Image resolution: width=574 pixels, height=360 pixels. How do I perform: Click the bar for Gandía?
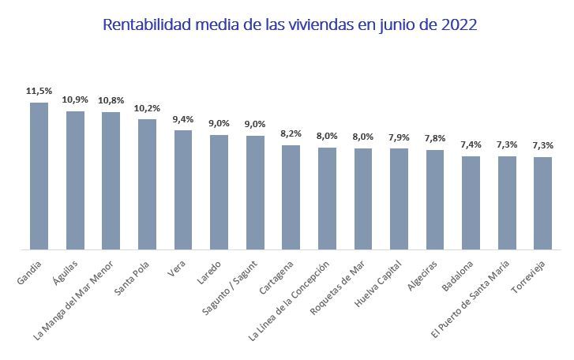(x=39, y=176)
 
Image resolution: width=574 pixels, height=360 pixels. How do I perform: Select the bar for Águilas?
(x=75, y=180)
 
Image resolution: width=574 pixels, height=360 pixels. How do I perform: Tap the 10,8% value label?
(x=111, y=102)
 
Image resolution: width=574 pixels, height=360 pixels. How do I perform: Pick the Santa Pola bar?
(x=147, y=184)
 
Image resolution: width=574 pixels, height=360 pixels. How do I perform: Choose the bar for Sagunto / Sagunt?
(x=255, y=193)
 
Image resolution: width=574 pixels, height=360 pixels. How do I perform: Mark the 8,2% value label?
(x=291, y=134)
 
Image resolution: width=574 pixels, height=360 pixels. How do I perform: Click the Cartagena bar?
(x=291, y=197)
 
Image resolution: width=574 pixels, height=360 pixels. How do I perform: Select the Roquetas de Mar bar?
(x=363, y=199)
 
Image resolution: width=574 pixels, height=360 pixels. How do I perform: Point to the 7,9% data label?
(x=399, y=137)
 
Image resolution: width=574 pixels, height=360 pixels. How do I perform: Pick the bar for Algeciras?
(x=435, y=200)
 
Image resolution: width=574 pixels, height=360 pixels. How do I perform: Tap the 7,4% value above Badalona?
(x=471, y=145)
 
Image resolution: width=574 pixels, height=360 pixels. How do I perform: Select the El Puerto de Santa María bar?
(x=507, y=203)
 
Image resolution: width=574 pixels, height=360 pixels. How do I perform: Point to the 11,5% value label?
(x=39, y=92)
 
